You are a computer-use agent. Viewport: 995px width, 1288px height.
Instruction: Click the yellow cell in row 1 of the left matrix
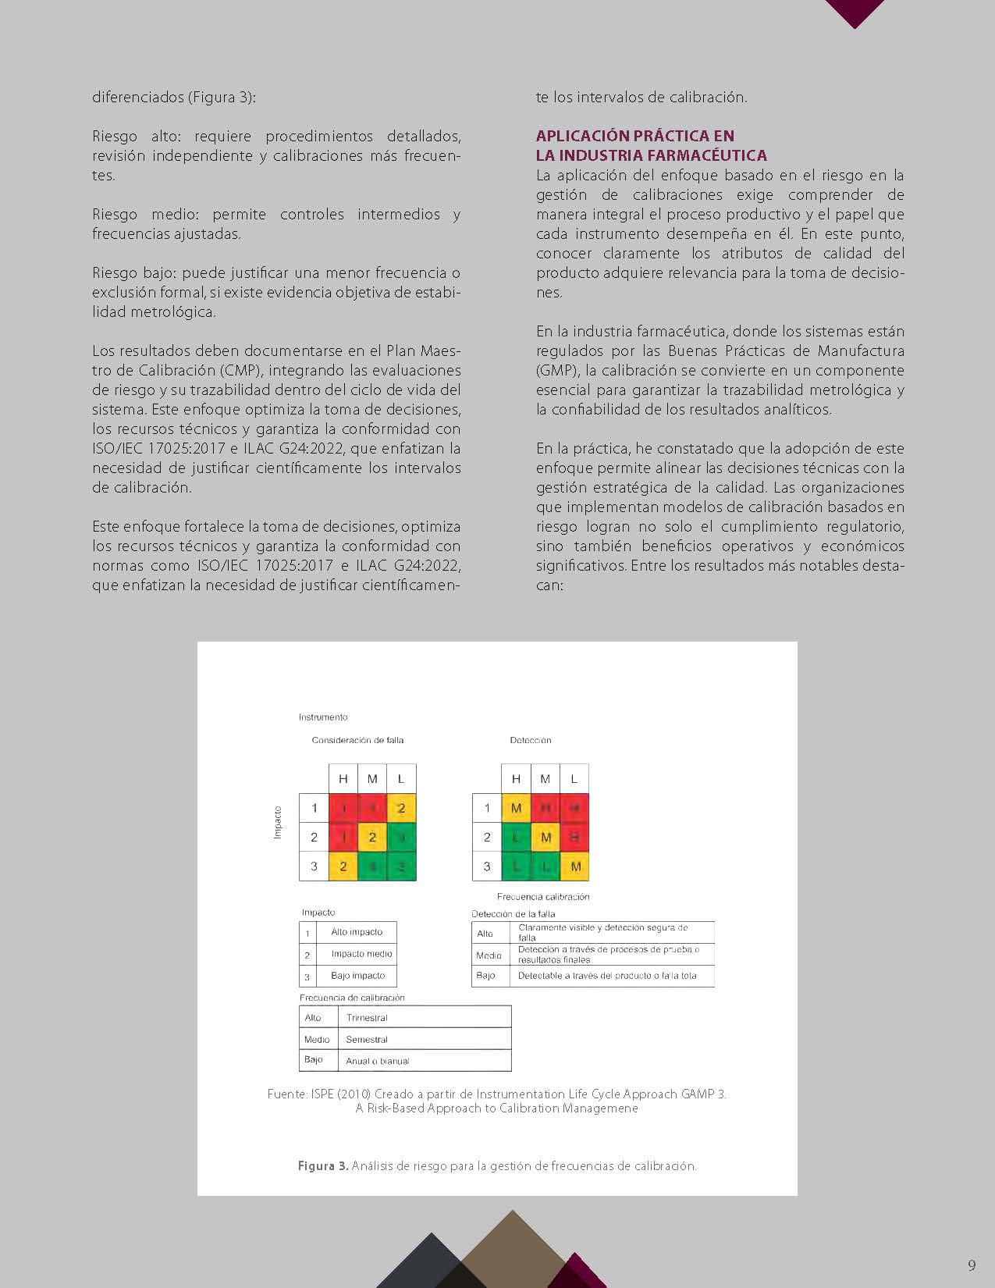(401, 808)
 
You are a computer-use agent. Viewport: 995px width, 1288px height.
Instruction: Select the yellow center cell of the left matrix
(372, 838)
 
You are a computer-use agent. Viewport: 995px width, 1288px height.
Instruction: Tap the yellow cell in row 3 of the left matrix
(343, 866)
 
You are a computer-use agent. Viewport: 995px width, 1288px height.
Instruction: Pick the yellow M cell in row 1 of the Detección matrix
(516, 808)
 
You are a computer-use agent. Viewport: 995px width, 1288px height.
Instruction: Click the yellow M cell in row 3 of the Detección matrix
(575, 866)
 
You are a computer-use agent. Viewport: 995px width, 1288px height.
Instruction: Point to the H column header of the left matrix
(343, 779)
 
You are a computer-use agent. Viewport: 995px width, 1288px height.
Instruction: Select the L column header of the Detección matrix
(574, 779)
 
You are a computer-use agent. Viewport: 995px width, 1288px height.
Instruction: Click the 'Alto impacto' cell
(357, 932)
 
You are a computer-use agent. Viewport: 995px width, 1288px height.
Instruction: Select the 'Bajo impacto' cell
(357, 976)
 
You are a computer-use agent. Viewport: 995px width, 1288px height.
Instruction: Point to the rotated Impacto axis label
(277, 823)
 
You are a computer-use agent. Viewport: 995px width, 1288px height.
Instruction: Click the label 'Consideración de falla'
(357, 740)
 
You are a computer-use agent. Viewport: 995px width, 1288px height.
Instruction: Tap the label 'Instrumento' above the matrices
(323, 717)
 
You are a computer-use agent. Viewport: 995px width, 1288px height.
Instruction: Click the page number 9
(972, 1265)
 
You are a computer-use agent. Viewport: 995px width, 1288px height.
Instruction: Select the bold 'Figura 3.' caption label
(322, 1166)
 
